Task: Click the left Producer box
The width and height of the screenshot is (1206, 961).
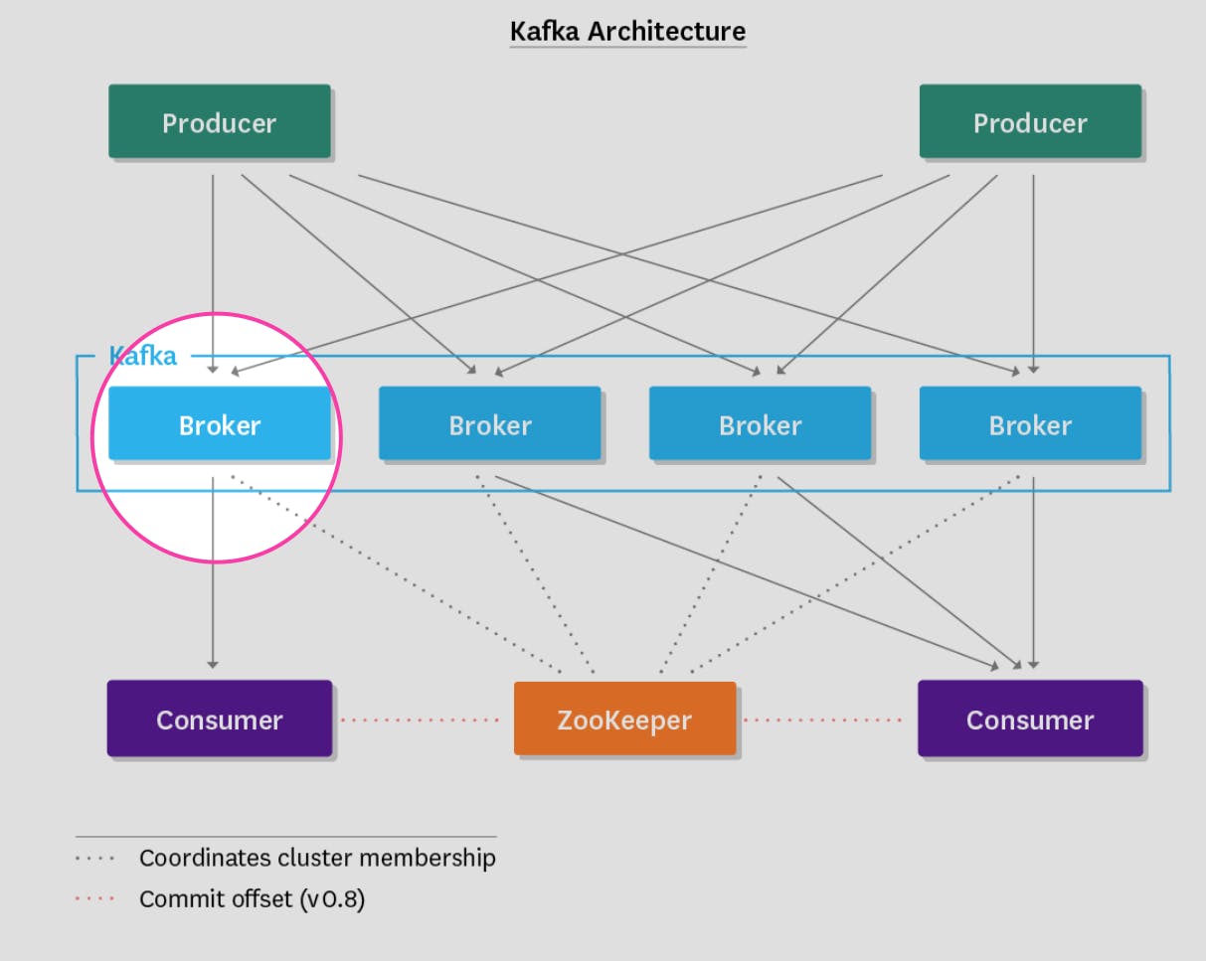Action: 219,121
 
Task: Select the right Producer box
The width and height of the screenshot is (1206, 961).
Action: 1030,121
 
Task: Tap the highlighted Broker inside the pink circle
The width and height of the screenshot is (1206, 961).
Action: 219,424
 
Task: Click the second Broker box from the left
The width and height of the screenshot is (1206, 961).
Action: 489,424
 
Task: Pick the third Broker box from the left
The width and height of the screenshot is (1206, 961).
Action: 760,424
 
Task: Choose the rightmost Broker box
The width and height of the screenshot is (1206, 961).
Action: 1030,424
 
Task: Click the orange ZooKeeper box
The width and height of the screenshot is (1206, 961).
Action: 624,719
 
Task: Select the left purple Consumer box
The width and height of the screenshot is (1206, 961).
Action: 219,719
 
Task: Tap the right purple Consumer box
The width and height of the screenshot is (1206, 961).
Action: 1030,719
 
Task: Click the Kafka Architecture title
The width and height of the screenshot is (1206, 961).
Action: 627,31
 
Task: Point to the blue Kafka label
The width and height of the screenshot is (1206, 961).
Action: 142,356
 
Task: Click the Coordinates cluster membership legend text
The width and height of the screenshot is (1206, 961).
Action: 316,858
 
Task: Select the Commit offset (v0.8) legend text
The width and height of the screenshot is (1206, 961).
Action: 252,900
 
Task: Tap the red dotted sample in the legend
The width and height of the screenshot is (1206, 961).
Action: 95,900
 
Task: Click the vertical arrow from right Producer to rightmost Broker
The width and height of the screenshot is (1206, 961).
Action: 1034,268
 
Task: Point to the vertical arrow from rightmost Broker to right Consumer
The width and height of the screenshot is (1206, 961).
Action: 1034,576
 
